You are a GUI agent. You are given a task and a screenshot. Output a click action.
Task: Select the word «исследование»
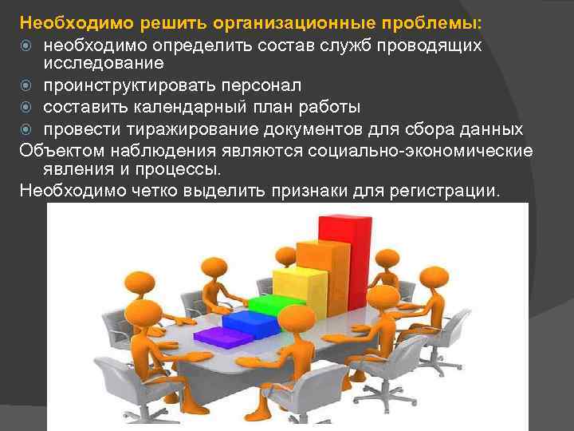(x=104, y=62)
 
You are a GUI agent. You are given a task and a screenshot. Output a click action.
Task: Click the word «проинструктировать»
(x=128, y=85)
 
